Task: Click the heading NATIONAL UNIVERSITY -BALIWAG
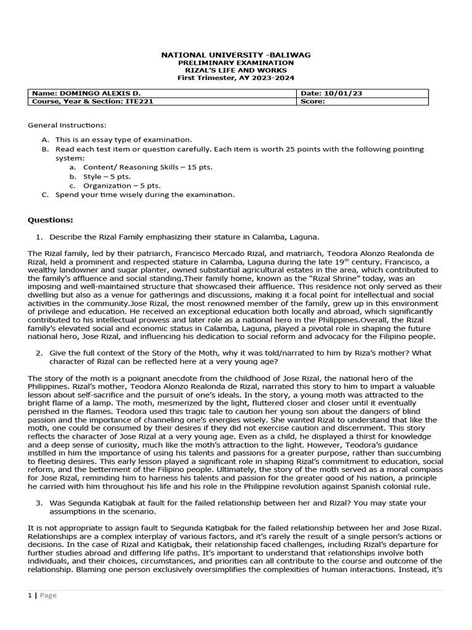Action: (236, 55)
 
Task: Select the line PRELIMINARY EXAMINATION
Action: (236, 63)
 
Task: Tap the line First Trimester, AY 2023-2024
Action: (236, 78)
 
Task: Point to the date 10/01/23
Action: (337, 94)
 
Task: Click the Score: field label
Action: (313, 102)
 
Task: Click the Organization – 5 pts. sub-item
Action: (122, 185)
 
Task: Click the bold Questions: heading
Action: (50, 220)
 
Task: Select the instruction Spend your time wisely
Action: (144, 194)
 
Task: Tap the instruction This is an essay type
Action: (124, 140)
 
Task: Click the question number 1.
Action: (39, 237)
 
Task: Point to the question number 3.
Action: (39, 503)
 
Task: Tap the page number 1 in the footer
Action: (30, 596)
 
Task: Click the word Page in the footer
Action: (48, 596)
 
